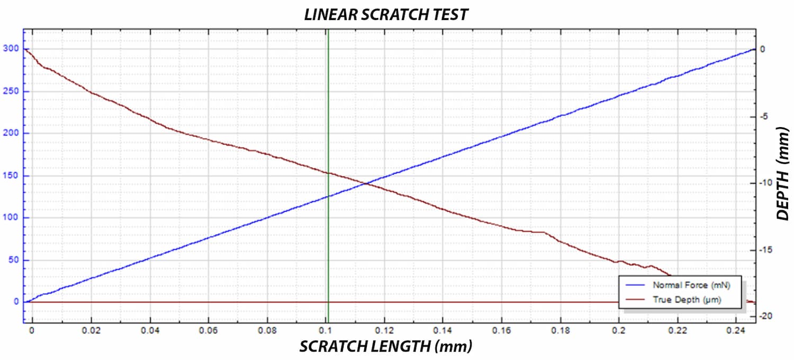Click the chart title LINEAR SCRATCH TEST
[x=386, y=14]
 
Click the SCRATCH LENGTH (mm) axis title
[x=385, y=347]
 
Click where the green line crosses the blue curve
[x=328, y=196]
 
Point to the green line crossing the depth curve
[x=328, y=173]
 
